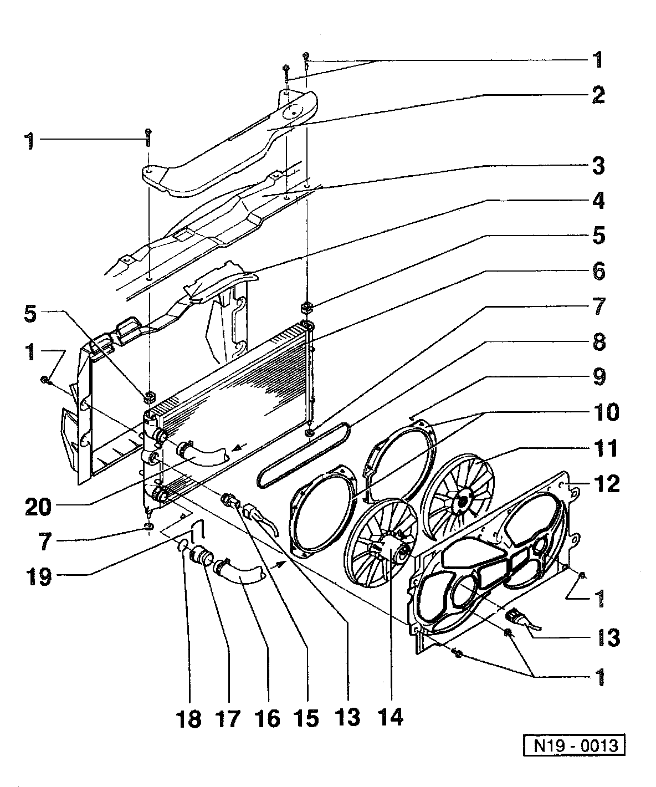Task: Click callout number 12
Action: (x=606, y=483)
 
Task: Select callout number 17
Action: (x=228, y=719)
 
